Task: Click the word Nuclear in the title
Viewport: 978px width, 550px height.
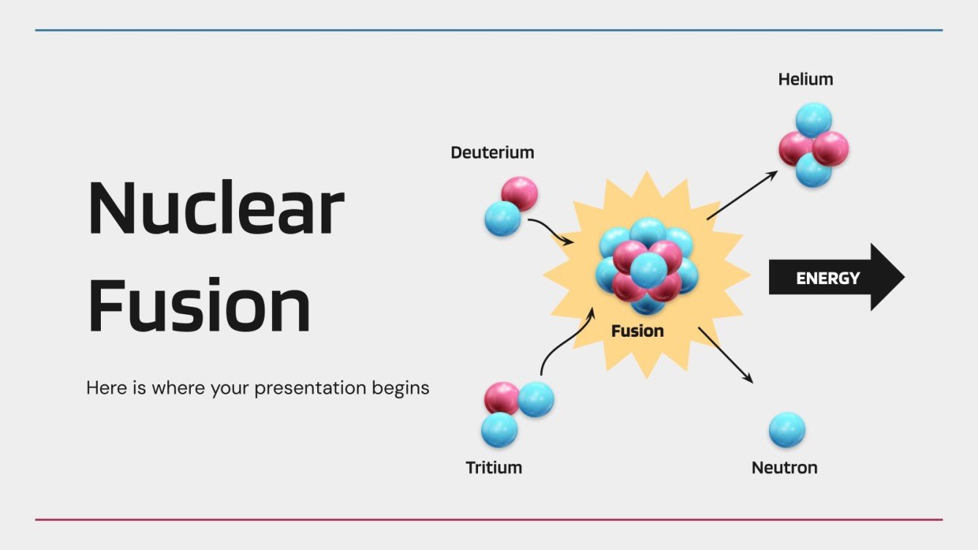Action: pyautogui.click(x=216, y=208)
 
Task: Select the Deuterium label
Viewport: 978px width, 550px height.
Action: pyautogui.click(x=492, y=153)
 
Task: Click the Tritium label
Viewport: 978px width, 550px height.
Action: pyautogui.click(x=493, y=467)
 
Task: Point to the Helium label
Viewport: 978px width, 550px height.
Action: pyautogui.click(x=805, y=79)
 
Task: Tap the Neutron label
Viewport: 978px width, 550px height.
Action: pyautogui.click(x=784, y=467)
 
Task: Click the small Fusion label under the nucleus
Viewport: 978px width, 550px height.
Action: pyautogui.click(x=637, y=331)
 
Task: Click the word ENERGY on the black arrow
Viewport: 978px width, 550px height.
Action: pyautogui.click(x=827, y=278)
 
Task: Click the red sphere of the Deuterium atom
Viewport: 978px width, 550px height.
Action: pyautogui.click(x=520, y=193)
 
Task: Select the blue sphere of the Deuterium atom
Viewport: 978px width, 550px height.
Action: pyautogui.click(x=502, y=218)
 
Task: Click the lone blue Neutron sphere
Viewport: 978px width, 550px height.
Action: pyautogui.click(x=786, y=429)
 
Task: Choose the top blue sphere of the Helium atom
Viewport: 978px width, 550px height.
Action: pyautogui.click(x=814, y=119)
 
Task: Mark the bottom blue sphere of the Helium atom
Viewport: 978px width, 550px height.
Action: pyautogui.click(x=814, y=171)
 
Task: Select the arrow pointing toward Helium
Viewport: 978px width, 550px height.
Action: pyautogui.click(x=742, y=195)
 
